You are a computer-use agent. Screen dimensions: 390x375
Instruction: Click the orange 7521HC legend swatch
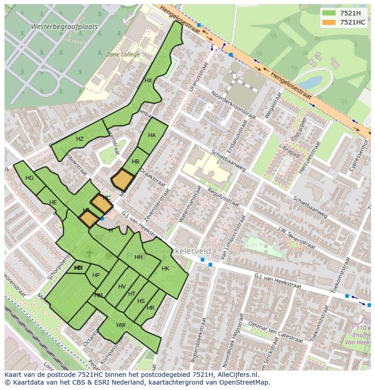tap(330, 22)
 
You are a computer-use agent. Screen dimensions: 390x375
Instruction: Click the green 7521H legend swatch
tap(330, 13)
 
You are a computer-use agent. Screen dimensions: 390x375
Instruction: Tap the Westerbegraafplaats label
tap(64, 27)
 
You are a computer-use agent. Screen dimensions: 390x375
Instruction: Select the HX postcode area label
tap(148, 81)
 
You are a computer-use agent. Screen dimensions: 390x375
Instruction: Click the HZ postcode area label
tap(80, 139)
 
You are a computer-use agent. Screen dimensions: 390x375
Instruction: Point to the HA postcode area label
tap(152, 135)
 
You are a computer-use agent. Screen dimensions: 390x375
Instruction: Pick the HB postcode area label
tap(135, 162)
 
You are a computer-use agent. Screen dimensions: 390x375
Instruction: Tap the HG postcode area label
tap(29, 178)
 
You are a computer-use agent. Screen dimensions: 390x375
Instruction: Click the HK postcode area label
tap(165, 269)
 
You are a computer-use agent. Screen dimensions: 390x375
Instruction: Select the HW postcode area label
tap(121, 325)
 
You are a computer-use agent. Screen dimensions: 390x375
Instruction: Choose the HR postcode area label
tap(150, 308)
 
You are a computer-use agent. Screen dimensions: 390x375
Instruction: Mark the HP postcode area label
tap(96, 275)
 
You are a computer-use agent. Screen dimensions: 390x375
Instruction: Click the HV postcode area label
tap(122, 287)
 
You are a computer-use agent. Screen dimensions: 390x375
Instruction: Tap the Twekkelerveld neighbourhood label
tap(183, 251)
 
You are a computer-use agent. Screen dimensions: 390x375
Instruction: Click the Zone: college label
tap(123, 54)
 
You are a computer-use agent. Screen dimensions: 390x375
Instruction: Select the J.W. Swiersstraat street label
tap(297, 238)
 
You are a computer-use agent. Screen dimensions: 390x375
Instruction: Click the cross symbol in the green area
tap(89, 253)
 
